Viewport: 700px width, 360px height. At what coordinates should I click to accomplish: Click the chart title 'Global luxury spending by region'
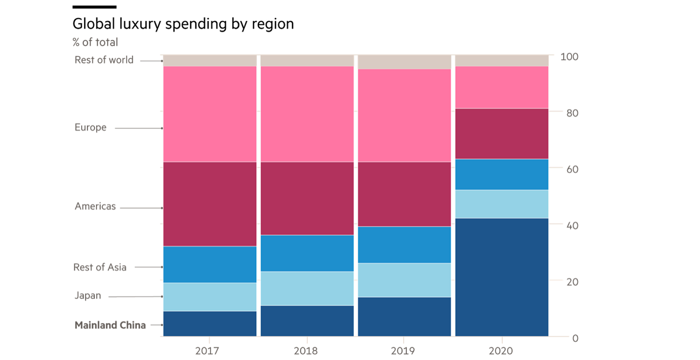point(183,24)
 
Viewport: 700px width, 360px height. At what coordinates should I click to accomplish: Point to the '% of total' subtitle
point(95,42)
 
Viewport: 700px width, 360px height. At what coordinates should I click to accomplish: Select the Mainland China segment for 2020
point(502,277)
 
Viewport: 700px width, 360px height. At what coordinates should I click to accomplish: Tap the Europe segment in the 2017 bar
point(209,114)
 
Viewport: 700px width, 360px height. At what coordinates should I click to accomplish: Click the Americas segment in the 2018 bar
point(307,198)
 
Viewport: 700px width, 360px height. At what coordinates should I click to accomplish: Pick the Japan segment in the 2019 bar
point(404,280)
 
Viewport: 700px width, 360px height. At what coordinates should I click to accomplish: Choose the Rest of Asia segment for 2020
point(502,174)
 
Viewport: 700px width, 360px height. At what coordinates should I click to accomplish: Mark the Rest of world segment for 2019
point(404,62)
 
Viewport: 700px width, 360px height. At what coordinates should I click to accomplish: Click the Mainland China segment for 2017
point(209,323)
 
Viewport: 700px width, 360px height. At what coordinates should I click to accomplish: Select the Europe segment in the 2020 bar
point(502,87)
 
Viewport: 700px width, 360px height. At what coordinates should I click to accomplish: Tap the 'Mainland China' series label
point(110,325)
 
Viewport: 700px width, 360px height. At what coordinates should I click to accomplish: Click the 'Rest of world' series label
point(104,60)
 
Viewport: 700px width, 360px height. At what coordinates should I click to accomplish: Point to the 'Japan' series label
point(88,296)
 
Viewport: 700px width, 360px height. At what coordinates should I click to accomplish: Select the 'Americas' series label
point(95,206)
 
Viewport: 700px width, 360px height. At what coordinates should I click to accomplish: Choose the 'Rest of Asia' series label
point(100,267)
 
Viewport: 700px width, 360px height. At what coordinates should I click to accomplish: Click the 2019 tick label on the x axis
point(404,351)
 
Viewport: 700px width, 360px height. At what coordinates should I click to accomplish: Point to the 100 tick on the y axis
point(570,56)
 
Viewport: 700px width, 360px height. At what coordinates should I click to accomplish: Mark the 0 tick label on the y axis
point(575,338)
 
